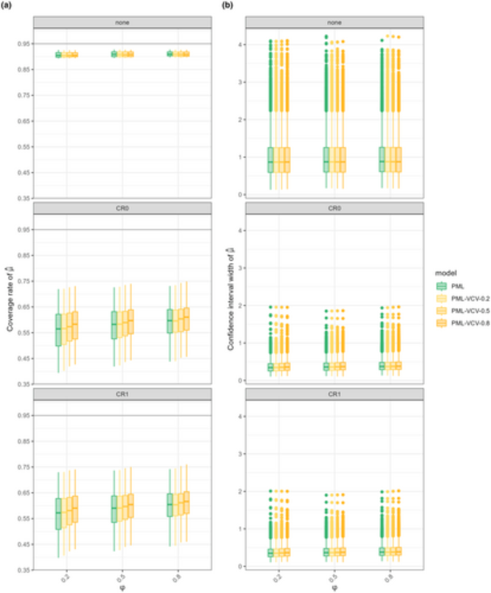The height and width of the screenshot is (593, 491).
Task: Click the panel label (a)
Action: point(6,5)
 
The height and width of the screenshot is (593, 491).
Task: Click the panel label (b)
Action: point(227,5)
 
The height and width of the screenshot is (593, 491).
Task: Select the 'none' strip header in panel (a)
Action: point(122,23)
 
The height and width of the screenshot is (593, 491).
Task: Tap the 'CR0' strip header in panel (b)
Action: point(334,208)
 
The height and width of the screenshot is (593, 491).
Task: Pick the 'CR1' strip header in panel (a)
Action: point(122,394)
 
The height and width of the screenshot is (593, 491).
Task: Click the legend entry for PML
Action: point(457,286)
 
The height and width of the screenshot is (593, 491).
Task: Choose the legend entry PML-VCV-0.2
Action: point(470,299)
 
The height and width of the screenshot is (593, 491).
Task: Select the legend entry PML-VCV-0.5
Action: point(470,311)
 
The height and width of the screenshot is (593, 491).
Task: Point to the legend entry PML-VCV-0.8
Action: point(470,323)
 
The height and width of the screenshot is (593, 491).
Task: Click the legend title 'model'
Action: point(446,273)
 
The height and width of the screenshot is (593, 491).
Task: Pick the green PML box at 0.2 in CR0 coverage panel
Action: point(58,330)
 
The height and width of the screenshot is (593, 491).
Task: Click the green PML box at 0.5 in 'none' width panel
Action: point(326,160)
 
